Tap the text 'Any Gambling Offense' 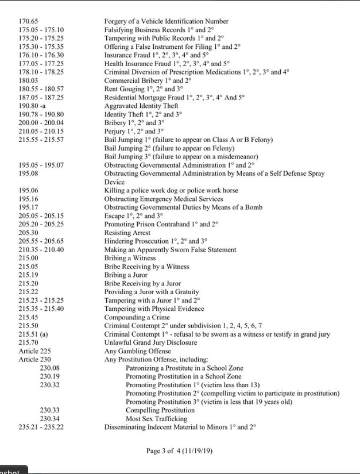click(137, 351)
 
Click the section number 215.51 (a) click(33, 334)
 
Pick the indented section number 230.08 click(50, 368)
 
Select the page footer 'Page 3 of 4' click(180, 450)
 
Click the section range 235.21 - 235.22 click(41, 427)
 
